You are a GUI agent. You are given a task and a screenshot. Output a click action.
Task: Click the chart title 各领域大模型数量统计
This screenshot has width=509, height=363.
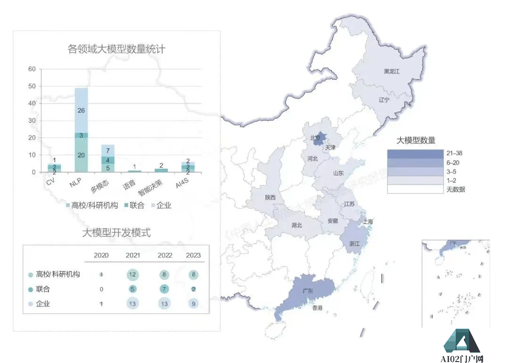point(116,49)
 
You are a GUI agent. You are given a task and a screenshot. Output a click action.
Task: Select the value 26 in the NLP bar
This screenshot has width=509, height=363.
point(81,111)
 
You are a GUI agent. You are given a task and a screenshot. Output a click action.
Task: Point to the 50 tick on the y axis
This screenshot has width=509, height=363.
point(32,86)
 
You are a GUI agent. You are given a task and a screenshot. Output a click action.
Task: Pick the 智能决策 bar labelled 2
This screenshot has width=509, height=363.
point(161,170)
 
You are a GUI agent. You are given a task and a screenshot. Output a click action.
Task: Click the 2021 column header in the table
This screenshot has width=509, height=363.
point(132,255)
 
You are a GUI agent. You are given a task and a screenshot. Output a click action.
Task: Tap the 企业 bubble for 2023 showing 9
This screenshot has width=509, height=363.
point(193,304)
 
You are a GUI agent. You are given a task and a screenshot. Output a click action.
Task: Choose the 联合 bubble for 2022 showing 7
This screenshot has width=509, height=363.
point(164,289)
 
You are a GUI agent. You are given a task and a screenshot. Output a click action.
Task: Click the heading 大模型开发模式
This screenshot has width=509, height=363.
point(116,233)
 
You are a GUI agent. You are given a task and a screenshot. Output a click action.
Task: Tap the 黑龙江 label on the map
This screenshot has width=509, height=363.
point(391,72)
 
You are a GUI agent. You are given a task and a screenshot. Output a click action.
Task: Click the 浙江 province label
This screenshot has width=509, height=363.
point(355,244)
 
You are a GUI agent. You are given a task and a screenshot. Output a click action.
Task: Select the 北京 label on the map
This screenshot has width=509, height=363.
point(315,138)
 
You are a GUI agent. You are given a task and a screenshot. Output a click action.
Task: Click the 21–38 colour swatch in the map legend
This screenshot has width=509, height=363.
point(415,154)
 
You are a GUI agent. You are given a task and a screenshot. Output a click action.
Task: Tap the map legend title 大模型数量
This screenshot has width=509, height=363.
point(415,140)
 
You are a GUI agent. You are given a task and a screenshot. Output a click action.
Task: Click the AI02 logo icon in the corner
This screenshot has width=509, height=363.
point(461,340)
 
